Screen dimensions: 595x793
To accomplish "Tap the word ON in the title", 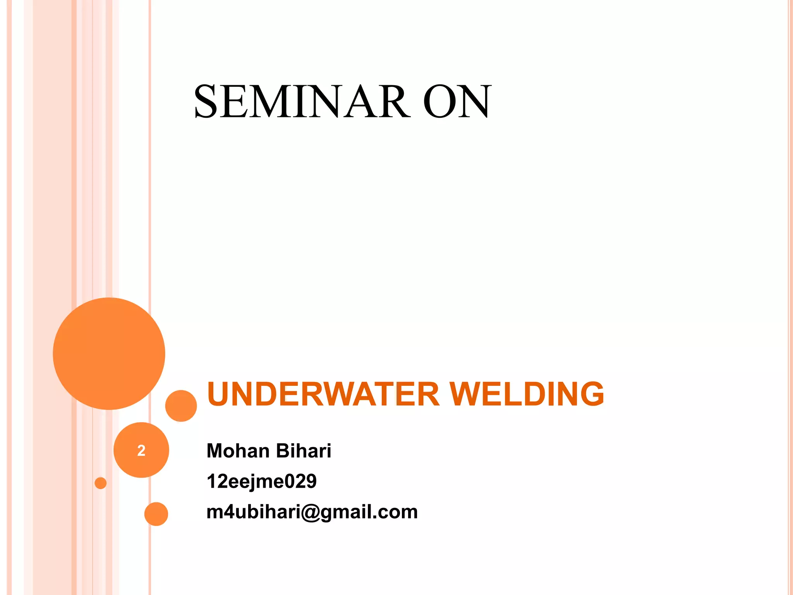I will click(457, 101).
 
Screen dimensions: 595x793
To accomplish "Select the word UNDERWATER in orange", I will click(323, 394).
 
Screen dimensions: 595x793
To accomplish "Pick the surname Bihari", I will click(304, 451).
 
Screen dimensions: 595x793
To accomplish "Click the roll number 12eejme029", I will click(261, 482).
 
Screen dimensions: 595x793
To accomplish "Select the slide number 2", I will click(141, 451).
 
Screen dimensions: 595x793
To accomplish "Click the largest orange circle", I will click(109, 353).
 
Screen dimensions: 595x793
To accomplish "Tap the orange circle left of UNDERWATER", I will click(181, 406).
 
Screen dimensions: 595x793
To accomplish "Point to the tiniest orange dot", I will click(101, 483).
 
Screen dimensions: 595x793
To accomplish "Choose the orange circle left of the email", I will click(156, 514).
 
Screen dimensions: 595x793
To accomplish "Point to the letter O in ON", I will click(440, 101).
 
